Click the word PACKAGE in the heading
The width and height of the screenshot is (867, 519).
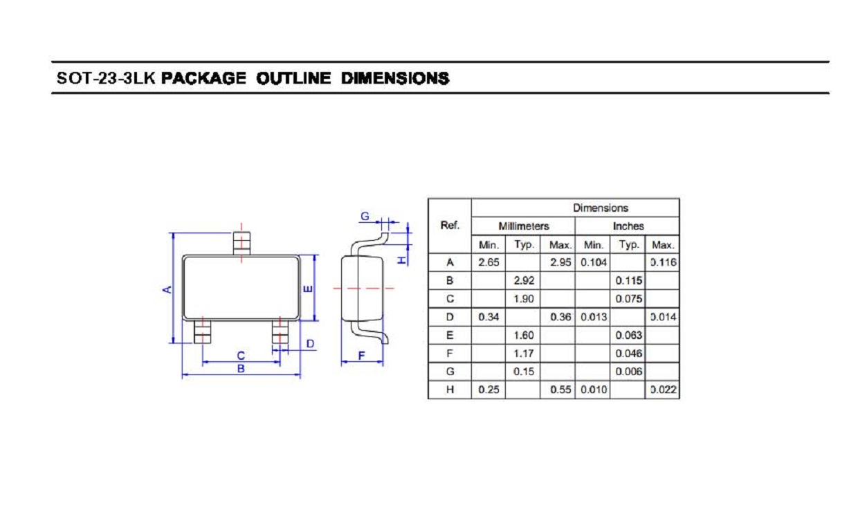click(x=203, y=78)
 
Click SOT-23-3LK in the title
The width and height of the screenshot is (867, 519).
click(x=106, y=78)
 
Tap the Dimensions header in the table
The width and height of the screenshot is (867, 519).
click(x=601, y=208)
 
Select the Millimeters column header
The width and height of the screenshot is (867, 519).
click(x=523, y=226)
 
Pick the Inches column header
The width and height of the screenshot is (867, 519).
click(x=628, y=226)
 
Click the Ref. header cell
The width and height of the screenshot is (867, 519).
click(x=450, y=226)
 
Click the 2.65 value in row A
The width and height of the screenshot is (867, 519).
click(x=489, y=262)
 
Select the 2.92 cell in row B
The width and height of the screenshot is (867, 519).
click(x=524, y=280)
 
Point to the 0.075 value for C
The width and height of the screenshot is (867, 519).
click(x=628, y=299)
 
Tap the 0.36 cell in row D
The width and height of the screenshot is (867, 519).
click(x=560, y=317)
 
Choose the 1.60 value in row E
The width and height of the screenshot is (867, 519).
click(x=524, y=335)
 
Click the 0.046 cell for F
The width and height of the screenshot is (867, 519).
click(x=628, y=354)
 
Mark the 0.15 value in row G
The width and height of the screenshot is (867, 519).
click(x=524, y=372)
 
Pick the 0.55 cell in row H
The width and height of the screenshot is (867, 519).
click(x=560, y=390)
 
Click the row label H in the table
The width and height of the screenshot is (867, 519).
click(x=450, y=390)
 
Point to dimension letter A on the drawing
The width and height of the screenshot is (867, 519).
click(x=167, y=289)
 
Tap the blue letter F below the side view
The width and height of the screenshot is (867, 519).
click(x=361, y=356)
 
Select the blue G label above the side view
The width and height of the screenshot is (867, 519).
click(x=365, y=217)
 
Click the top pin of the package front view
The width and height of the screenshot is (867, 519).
click(x=241, y=244)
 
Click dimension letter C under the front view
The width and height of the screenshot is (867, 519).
click(x=241, y=356)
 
